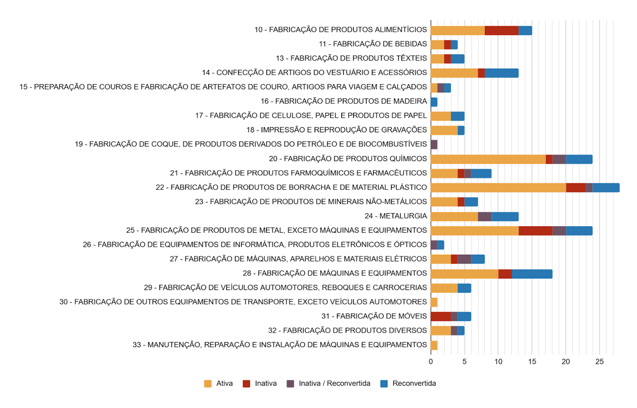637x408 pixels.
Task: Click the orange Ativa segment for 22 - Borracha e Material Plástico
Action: click(498, 188)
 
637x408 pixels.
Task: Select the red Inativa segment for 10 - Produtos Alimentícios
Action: click(501, 31)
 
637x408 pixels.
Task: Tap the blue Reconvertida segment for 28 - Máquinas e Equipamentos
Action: click(532, 274)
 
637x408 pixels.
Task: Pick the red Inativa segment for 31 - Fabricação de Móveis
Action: click(440, 316)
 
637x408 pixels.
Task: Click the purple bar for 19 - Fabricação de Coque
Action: click(434, 145)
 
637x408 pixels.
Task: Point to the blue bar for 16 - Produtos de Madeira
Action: click(434, 102)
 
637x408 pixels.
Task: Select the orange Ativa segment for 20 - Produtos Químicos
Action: click(488, 159)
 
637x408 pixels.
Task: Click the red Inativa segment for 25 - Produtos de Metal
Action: click(535, 231)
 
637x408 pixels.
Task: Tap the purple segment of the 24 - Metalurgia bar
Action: click(484, 217)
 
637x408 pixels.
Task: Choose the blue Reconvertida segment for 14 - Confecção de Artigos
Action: click(501, 73)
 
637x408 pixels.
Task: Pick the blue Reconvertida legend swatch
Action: click(384, 383)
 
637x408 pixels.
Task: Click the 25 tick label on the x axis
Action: click(599, 362)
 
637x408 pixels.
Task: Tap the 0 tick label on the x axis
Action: click(430, 362)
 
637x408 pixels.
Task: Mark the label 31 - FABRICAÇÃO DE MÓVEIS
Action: click(374, 316)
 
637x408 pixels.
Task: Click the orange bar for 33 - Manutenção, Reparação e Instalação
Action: click(434, 345)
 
